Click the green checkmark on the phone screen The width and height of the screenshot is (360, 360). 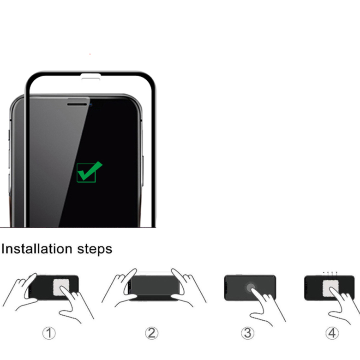point(89,171)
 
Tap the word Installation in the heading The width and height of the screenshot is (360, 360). point(37,249)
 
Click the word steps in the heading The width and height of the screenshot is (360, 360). point(95,250)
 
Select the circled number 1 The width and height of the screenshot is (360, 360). point(49,333)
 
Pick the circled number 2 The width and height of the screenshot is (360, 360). point(151,333)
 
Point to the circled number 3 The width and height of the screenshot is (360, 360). point(247,333)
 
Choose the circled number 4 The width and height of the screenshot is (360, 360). point(332,333)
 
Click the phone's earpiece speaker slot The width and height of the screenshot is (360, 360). point(77,104)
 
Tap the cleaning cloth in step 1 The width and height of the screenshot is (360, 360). point(61,288)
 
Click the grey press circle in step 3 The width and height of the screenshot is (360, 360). point(250,288)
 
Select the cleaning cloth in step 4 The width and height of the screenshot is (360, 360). point(330,288)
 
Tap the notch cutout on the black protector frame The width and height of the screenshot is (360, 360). point(90,77)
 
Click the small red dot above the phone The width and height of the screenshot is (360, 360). point(90,54)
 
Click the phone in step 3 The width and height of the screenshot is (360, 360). point(250,288)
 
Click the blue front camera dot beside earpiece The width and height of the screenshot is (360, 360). point(90,105)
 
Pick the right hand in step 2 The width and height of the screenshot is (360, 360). point(187,287)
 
